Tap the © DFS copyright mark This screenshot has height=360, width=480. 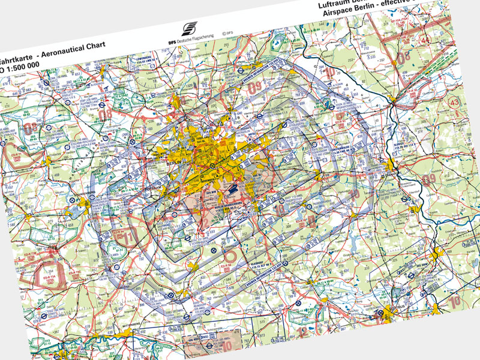coord(227,34)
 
